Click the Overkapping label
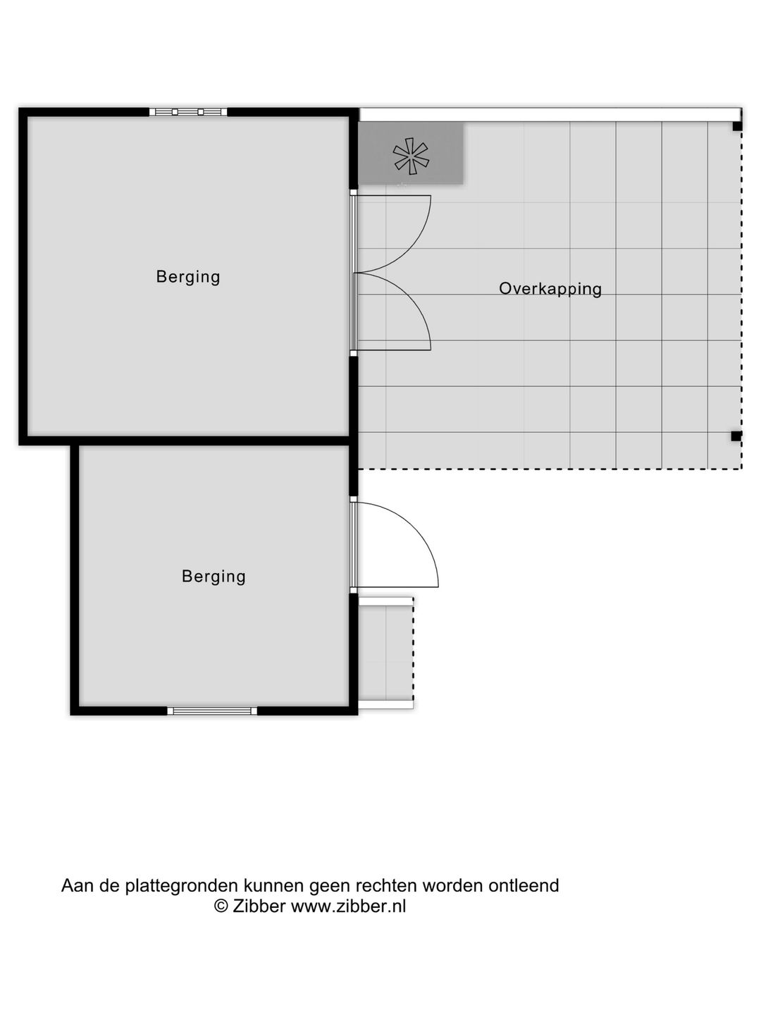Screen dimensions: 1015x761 tap(550, 288)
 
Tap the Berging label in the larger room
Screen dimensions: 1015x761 tap(188, 276)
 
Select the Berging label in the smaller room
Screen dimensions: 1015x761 tap(214, 576)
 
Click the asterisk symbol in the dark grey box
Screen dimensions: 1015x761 tap(411, 156)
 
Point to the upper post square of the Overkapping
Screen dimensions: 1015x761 tap(736, 126)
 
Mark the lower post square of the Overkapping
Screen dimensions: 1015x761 tap(736, 436)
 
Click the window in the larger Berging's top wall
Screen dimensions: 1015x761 tap(188, 111)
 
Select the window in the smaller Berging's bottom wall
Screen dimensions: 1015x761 tap(212, 710)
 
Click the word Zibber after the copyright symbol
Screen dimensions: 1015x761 tap(260, 906)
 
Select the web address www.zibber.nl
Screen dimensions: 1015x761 tap(348, 906)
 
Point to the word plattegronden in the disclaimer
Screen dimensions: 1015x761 tap(182, 886)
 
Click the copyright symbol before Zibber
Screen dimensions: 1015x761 tap(221, 906)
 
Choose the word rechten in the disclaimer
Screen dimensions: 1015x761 tap(385, 885)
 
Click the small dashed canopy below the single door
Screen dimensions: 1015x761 tap(385, 653)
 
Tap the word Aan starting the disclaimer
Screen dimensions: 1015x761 tap(78, 885)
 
